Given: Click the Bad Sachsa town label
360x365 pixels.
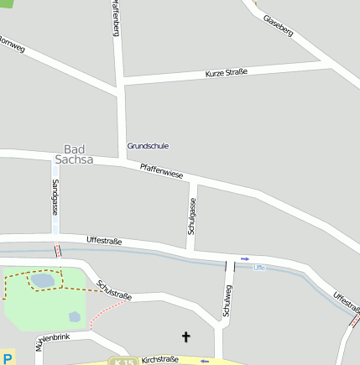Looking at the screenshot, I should (x=74, y=154).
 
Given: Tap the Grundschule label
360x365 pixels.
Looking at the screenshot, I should (x=148, y=146).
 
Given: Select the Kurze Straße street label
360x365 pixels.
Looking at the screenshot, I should (x=226, y=74).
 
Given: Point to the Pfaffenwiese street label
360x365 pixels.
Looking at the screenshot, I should (x=162, y=171).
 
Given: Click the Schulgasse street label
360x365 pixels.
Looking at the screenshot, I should (x=192, y=216).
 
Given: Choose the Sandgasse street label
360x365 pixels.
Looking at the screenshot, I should (x=55, y=198).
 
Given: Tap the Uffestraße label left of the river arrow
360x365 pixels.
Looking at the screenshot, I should (x=104, y=242).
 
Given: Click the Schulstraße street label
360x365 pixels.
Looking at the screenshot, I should (x=114, y=290).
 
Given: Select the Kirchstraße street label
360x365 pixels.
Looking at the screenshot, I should (x=160, y=359).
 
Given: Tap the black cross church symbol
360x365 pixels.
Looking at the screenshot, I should (x=186, y=337).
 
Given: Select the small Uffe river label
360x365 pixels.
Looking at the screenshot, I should (x=259, y=267).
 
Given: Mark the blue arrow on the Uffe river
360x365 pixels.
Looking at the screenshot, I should (x=245, y=258).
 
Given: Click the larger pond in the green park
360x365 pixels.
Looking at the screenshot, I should (x=42, y=280).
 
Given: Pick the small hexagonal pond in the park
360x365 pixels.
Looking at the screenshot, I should (x=75, y=317).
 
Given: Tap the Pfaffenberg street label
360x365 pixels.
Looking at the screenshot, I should (x=116, y=18).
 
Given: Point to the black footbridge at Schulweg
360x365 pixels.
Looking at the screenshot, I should (x=226, y=266).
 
